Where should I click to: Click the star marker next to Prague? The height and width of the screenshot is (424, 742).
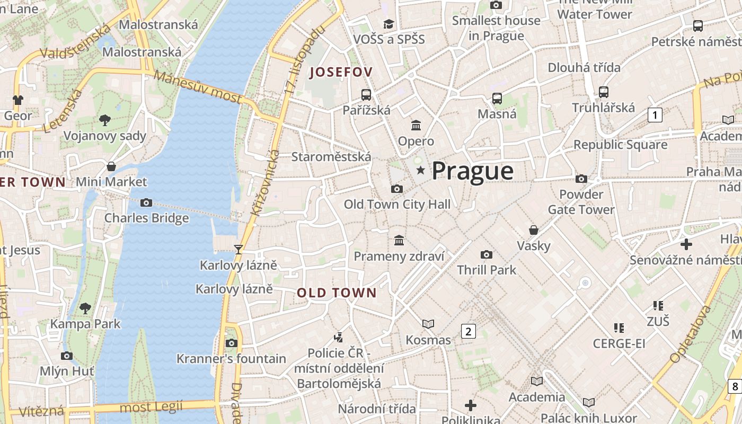coord(421,170)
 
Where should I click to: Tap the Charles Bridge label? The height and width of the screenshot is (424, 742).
coord(146,218)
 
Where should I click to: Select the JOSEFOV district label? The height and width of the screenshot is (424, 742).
coord(341,72)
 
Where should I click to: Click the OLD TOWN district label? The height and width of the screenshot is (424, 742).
coord(337,293)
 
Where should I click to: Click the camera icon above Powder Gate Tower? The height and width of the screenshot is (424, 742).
coord(581,179)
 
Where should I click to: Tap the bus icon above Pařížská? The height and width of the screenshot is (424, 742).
coord(366,95)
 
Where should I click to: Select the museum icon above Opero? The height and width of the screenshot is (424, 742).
coord(416,126)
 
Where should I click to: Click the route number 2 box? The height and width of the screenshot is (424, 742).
coord(468,332)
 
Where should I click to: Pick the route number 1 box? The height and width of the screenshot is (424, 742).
coord(655,115)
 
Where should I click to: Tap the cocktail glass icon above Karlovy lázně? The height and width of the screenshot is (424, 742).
coord(238,249)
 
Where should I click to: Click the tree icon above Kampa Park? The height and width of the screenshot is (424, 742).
coord(85,308)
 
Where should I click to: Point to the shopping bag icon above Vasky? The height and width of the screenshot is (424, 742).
coord(534,230)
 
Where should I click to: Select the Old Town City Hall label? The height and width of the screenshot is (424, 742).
coord(397,204)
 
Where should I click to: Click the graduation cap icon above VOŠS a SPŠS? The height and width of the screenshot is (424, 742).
coord(389,24)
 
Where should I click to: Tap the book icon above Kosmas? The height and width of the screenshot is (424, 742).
coord(428,324)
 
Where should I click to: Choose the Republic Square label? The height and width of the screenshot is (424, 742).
coord(620,144)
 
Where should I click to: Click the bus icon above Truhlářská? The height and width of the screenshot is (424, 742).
coord(603,92)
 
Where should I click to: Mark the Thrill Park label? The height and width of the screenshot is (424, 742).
coord(487,270)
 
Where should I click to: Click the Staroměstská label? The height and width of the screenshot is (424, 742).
coord(331,157)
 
